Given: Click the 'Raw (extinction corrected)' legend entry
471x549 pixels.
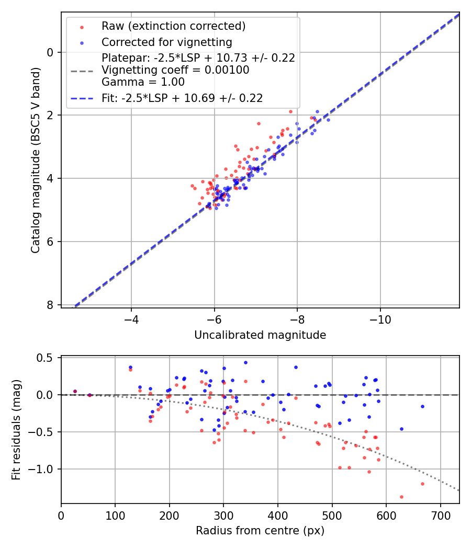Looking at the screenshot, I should pos(173,26).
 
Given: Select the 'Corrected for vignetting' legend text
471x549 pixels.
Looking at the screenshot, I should pos(166,42).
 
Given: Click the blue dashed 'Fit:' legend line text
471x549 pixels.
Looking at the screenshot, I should pos(182,98).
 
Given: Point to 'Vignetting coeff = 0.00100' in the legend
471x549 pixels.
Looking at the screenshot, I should pos(175,70).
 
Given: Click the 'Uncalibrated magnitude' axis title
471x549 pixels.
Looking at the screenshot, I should pos(260,335).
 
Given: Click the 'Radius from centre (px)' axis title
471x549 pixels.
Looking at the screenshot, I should pos(260,531).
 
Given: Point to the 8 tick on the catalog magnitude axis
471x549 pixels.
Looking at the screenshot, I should pos(51,305).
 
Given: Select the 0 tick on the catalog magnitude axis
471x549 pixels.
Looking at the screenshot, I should pos(51,52).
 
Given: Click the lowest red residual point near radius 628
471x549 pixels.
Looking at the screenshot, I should pos(401,497).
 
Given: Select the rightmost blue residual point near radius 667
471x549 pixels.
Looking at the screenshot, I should pos(422,406).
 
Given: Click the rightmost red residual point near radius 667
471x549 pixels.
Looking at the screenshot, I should pos(422,484).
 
